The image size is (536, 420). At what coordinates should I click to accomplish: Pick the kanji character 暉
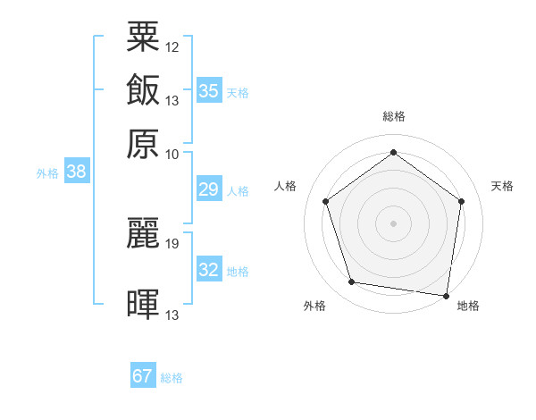(143, 304)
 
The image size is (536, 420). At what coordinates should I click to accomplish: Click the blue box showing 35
(208, 91)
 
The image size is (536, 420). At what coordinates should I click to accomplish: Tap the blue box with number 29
(208, 189)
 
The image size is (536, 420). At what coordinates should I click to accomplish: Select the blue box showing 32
(208, 270)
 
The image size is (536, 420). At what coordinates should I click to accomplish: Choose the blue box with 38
(76, 172)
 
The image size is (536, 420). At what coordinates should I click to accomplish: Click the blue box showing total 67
(143, 376)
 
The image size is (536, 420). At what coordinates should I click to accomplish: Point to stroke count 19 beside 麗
(172, 243)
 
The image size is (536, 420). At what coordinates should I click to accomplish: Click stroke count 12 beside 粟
(172, 46)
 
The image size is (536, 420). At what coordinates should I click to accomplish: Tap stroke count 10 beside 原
(172, 154)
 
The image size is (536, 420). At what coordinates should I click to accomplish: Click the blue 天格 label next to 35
(238, 93)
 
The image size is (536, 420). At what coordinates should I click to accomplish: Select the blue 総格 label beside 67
(172, 378)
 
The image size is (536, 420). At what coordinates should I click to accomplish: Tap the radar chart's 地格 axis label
(468, 306)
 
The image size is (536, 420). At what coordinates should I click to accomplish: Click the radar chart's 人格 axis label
(286, 186)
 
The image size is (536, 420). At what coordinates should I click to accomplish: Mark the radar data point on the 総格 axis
(393, 153)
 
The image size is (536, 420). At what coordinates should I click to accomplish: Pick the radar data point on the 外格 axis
(352, 282)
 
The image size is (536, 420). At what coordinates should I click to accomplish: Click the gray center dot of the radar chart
(393, 223)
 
